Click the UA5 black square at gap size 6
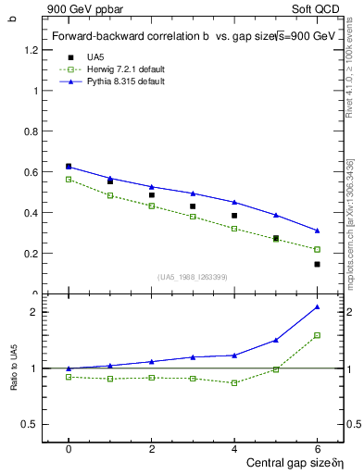coord(317,264)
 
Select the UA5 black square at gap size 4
coord(234,216)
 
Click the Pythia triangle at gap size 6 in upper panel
coord(317,231)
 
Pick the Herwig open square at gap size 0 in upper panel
coord(69,180)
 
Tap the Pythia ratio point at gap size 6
coord(317,306)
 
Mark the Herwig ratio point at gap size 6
coord(317,335)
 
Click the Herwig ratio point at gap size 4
coord(234,382)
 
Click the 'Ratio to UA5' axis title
coord(14,381)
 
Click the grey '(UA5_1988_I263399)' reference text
coord(193,277)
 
